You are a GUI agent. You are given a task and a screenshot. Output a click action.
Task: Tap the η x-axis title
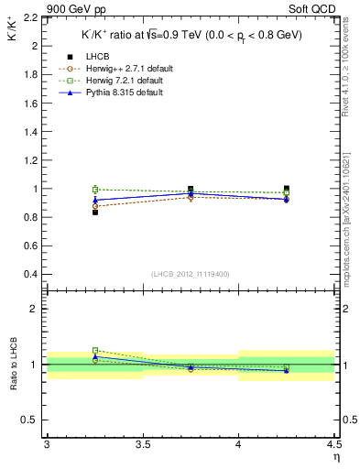(x=335, y=456)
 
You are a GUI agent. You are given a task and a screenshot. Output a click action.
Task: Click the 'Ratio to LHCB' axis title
(x=15, y=364)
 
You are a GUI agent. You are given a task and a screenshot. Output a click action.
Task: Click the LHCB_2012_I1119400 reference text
(x=190, y=274)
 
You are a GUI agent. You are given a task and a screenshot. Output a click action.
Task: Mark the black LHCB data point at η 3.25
(x=94, y=212)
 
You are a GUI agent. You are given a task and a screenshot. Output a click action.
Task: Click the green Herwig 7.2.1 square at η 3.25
(x=94, y=189)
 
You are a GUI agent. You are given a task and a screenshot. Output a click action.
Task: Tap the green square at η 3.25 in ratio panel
(x=94, y=350)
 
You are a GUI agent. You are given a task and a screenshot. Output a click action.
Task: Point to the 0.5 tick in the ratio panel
(x=33, y=420)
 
